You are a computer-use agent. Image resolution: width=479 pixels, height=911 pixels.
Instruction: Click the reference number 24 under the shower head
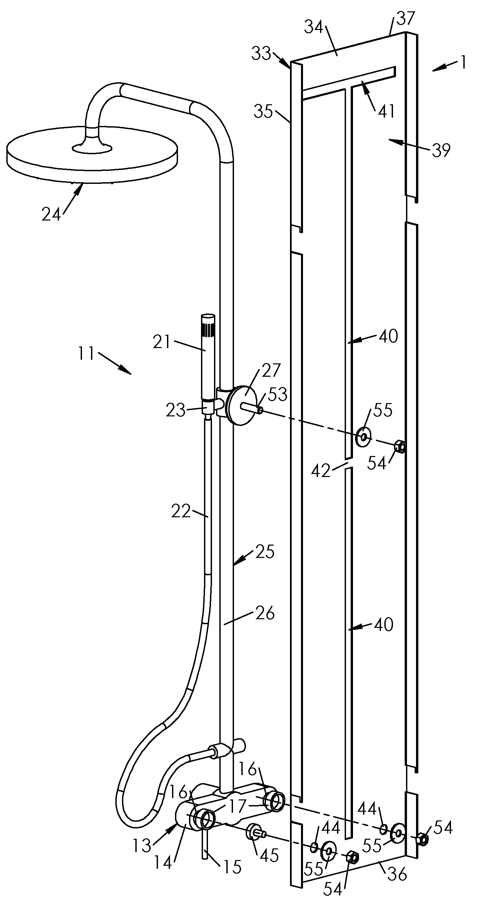pos(51,214)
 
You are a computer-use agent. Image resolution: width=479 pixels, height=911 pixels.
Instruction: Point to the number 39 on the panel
pos(441,150)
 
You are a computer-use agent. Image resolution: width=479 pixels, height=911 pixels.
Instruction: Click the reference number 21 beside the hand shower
pos(161,342)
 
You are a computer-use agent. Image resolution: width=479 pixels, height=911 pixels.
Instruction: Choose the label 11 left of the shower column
pos(86,353)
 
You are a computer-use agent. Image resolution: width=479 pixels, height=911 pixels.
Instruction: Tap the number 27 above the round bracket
pos(271,370)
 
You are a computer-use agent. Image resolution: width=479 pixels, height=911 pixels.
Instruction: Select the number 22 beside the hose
pos(181,511)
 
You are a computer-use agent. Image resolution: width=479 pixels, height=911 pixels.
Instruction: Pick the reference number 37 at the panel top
pos(405,18)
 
